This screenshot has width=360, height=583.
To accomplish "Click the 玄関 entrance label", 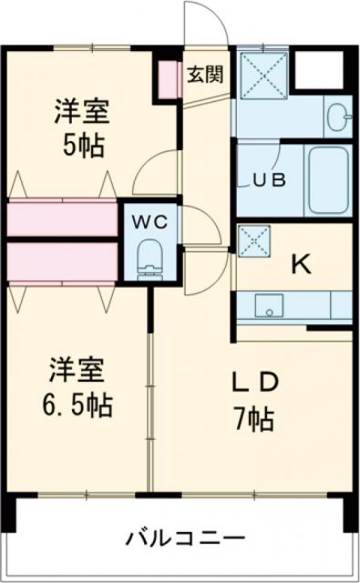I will click(x=205, y=75).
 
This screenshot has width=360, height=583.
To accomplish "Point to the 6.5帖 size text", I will click(x=80, y=403).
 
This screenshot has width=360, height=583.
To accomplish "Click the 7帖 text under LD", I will click(x=252, y=420).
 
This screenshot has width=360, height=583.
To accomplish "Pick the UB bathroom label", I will click(x=269, y=179).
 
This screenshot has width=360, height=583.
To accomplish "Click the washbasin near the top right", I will click(x=337, y=116).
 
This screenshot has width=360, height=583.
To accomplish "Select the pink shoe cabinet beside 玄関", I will click(x=167, y=80).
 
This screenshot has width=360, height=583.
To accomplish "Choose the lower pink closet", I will click(x=61, y=261).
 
